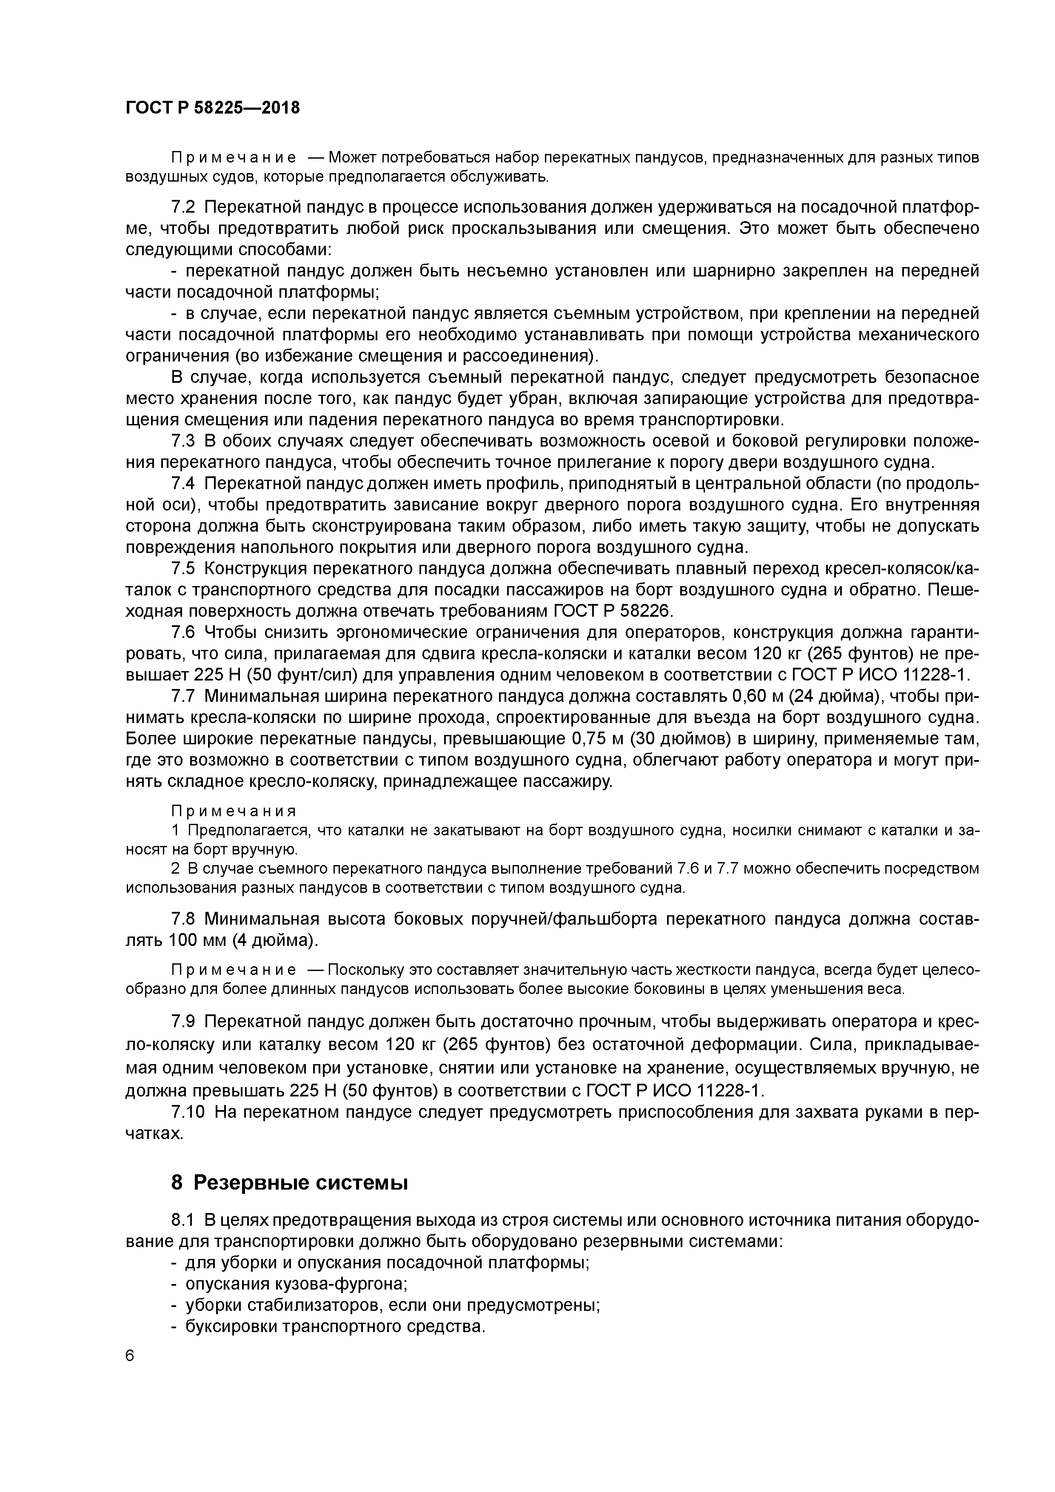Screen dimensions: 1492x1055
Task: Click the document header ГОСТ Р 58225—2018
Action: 213,108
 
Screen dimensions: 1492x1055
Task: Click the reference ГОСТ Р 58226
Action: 613,611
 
